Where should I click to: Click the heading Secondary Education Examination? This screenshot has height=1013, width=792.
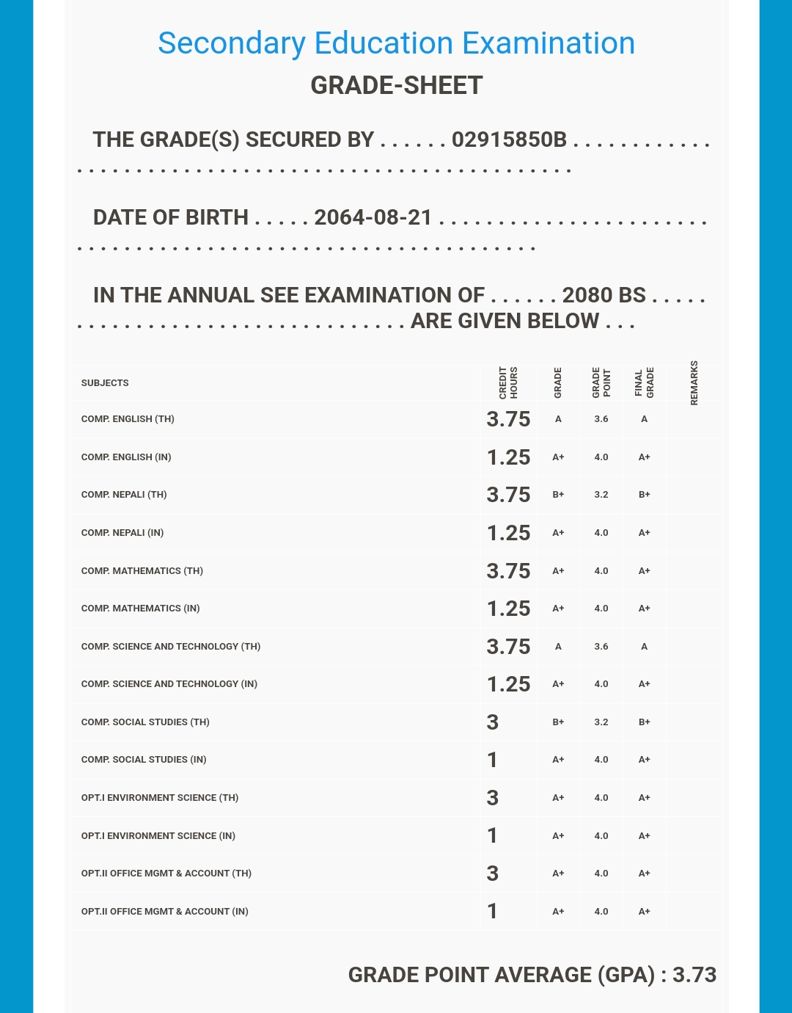(x=396, y=43)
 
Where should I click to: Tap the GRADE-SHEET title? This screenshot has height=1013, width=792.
(x=396, y=85)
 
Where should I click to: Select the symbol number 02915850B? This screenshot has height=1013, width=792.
(x=509, y=139)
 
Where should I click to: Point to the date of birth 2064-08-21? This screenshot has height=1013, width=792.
(x=373, y=217)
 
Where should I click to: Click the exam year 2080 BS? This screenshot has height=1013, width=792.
(x=604, y=295)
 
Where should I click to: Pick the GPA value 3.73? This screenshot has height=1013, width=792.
(x=694, y=975)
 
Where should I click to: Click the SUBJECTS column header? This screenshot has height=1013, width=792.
(x=105, y=383)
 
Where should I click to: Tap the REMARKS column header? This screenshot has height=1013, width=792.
(x=694, y=382)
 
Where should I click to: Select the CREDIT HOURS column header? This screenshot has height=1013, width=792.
(x=508, y=382)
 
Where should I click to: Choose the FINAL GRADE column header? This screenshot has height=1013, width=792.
(x=644, y=383)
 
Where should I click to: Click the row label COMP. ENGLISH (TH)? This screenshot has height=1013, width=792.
(x=128, y=419)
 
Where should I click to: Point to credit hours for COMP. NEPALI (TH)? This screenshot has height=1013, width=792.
(x=508, y=495)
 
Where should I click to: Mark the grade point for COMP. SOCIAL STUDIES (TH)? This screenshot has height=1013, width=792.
(x=601, y=722)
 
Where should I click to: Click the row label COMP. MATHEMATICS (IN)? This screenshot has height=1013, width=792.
(x=140, y=609)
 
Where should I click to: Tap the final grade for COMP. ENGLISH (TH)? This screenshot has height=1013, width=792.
(x=644, y=419)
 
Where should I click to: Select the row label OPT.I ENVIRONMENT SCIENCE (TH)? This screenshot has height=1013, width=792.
(x=160, y=798)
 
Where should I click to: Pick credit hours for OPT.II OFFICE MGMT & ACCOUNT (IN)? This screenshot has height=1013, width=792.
(x=493, y=911)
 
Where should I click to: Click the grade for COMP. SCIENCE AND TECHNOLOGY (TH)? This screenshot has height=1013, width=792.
(x=558, y=647)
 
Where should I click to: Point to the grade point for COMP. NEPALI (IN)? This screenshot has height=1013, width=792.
(x=601, y=533)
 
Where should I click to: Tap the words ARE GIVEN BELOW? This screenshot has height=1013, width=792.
(x=505, y=321)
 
